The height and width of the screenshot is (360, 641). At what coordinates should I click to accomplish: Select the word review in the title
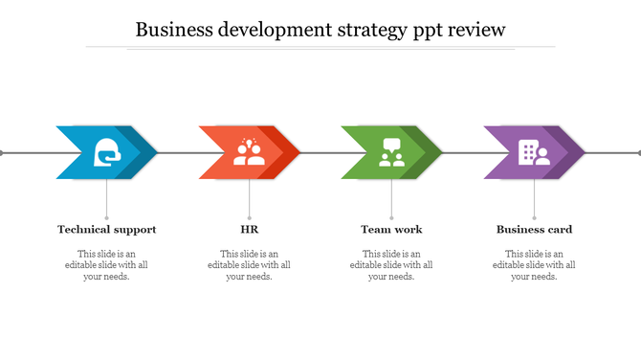point(474,30)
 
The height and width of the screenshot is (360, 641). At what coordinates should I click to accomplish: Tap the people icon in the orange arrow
point(249,152)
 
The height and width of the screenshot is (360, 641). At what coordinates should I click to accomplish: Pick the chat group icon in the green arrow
point(391,152)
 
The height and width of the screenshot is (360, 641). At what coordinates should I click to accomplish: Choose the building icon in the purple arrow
point(534,152)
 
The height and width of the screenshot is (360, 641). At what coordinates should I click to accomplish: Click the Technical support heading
point(106,230)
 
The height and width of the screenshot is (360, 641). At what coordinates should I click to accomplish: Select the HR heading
point(249,230)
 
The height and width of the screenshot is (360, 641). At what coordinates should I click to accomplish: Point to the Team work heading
point(391,230)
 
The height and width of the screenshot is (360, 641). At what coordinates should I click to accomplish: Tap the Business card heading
point(534,230)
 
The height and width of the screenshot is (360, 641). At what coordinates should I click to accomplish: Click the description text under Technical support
point(106,264)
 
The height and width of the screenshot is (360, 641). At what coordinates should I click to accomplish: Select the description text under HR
point(249,264)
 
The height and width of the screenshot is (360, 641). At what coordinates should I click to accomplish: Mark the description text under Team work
point(391,264)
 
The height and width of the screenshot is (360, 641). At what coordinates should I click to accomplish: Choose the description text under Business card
point(534,264)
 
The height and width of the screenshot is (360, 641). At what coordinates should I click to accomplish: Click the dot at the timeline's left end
point(2,152)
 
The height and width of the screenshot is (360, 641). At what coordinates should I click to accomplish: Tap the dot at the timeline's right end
point(638,152)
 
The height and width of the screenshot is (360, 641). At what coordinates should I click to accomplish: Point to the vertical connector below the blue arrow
point(106,199)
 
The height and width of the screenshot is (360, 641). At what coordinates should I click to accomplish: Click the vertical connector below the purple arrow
point(534,199)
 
